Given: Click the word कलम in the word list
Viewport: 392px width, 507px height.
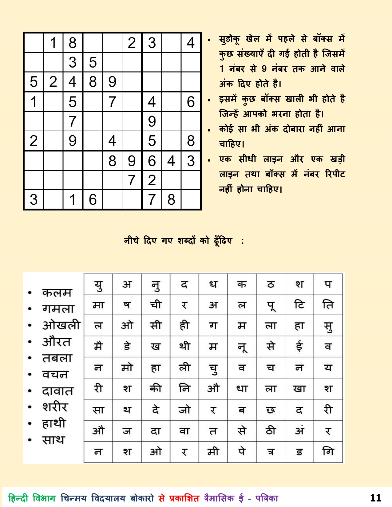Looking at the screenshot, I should pyautogui.click(x=57, y=293).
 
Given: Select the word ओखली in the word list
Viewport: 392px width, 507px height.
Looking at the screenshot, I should pyautogui.click(x=61, y=325).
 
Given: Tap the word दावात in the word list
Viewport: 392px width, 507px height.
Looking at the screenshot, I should pyautogui.click(x=58, y=391).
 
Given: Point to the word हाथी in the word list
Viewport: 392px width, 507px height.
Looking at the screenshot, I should pyautogui.click(x=54, y=423).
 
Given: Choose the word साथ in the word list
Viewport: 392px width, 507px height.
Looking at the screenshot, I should pyautogui.click(x=53, y=440).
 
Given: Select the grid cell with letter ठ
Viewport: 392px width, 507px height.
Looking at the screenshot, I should pyautogui.click(x=271, y=285).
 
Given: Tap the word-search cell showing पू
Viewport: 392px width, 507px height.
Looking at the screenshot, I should pyautogui.click(x=271, y=305).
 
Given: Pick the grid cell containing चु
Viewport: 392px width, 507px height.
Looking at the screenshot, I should pyautogui.click(x=213, y=368).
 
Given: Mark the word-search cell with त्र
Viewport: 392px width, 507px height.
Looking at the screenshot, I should pyautogui.click(x=271, y=452).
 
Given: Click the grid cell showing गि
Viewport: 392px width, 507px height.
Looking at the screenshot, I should pyautogui.click(x=328, y=452).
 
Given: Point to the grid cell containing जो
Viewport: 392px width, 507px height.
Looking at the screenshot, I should pyautogui.click(x=184, y=410).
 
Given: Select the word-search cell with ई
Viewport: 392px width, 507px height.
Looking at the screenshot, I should pyautogui.click(x=299, y=346).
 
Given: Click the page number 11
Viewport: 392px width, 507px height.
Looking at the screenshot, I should pyautogui.click(x=375, y=498).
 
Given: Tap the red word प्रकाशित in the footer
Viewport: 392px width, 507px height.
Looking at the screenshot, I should pyautogui.click(x=184, y=498).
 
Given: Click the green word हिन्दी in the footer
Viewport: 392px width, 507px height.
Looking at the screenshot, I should pyautogui.click(x=18, y=498).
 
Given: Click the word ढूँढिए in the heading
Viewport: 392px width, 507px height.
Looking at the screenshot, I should pyautogui.click(x=223, y=240).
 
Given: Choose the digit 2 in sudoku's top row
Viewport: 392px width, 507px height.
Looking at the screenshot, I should pyautogui.click(x=132, y=43).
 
